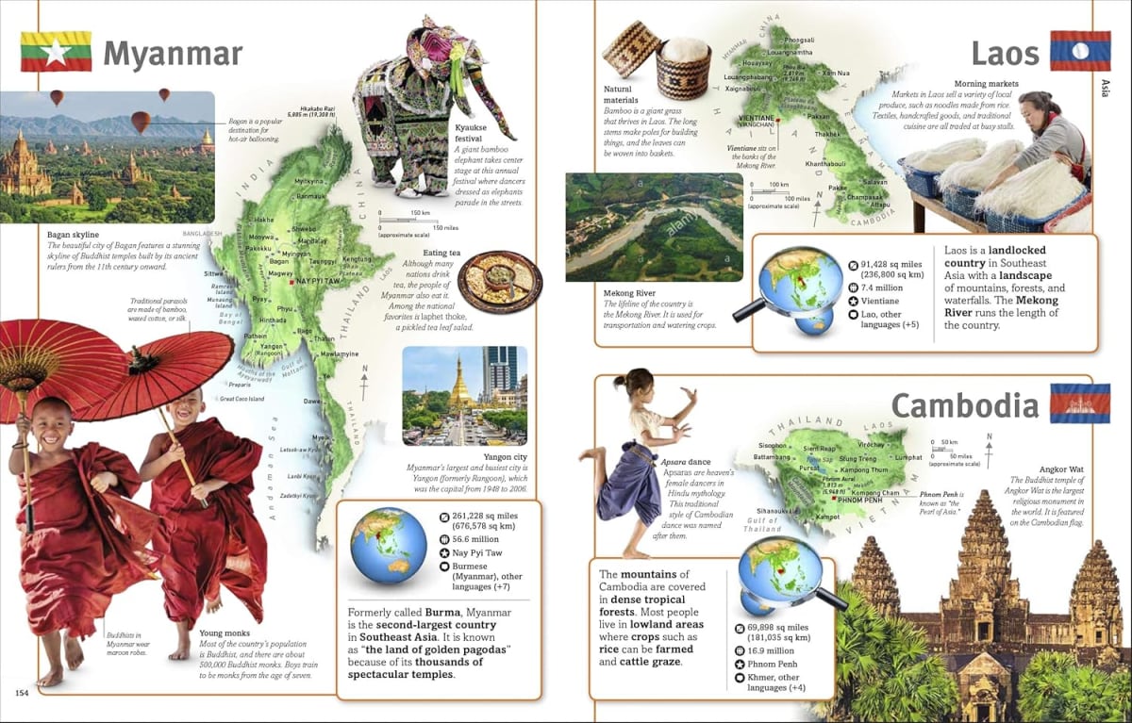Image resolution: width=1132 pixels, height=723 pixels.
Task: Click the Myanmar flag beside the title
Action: (56, 52)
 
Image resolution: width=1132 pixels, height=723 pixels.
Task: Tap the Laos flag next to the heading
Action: (1079, 51)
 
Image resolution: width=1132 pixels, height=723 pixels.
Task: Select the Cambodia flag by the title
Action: (1079, 403)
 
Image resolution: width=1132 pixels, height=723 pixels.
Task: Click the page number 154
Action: (23, 694)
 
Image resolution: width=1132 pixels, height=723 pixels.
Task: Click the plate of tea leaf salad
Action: (499, 281)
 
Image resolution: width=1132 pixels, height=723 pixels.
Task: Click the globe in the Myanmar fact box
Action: (388, 546)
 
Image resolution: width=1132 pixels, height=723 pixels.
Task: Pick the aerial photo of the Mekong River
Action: (654, 228)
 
